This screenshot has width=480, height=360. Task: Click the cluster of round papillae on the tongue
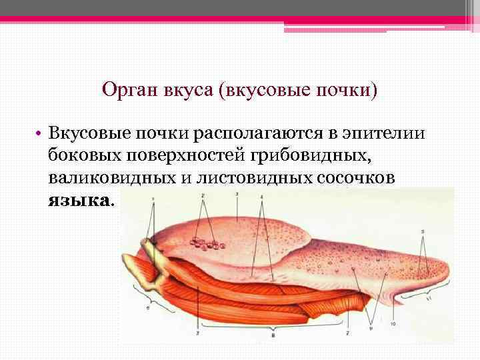(206, 243)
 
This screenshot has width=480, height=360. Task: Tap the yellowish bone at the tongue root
(147, 263)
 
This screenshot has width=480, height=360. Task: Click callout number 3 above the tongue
(237, 195)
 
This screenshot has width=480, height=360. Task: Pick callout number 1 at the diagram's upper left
(153, 199)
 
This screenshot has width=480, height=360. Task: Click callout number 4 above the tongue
(263, 197)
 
